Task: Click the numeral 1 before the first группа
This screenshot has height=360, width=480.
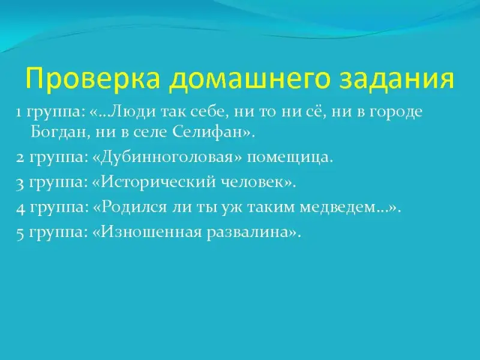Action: [x=19, y=113]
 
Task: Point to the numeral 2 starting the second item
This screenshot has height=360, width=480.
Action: [x=20, y=158]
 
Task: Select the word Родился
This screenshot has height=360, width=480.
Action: [x=133, y=208]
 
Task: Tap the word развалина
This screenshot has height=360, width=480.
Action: [x=248, y=233]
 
